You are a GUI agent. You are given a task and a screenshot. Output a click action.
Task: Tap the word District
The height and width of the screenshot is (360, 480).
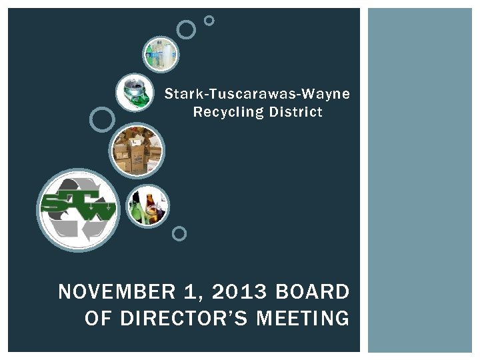[x=295, y=112]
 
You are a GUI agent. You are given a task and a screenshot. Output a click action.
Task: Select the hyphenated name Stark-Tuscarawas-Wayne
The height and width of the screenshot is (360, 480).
[x=257, y=93]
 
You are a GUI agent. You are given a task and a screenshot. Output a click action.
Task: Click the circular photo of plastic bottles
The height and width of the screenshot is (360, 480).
[x=161, y=54]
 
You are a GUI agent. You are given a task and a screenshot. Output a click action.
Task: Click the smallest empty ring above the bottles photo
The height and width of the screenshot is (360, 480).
[x=209, y=21]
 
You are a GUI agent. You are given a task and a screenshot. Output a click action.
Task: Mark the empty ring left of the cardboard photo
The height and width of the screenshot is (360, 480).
[x=102, y=119]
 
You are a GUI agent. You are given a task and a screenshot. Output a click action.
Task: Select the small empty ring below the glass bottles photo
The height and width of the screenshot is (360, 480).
[x=179, y=233]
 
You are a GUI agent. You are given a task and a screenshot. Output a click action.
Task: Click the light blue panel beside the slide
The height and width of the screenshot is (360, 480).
[x=420, y=180]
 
